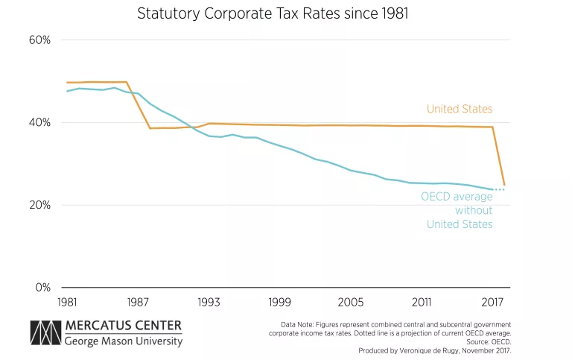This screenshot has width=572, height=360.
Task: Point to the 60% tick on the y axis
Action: (40, 40)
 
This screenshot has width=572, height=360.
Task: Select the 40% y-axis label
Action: (40, 123)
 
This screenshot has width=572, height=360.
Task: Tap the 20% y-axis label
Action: (40, 205)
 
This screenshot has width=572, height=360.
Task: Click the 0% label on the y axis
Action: (43, 288)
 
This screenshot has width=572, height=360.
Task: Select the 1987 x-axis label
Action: (138, 303)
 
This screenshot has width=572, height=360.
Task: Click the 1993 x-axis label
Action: (209, 303)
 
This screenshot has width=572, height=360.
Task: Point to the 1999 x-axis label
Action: (280, 303)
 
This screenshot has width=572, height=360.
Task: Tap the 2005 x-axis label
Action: (351, 303)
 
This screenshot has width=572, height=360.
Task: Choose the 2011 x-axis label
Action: (422, 303)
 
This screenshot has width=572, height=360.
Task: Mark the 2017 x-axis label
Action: (493, 303)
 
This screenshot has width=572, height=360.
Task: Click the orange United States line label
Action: (460, 109)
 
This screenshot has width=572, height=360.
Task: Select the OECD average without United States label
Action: (457, 210)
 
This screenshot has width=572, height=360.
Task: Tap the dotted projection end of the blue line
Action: (500, 189)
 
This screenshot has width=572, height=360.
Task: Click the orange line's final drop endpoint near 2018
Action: (504, 185)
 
